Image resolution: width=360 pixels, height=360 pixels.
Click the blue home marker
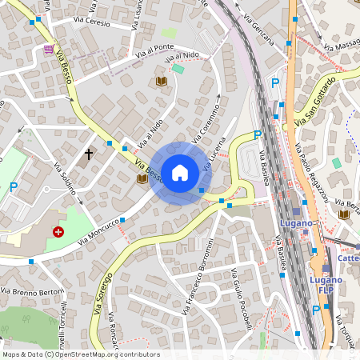[x=180, y=173]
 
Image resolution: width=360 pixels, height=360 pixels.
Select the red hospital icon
[x=58, y=232]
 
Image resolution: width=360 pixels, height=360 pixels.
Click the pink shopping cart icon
[x=50, y=49]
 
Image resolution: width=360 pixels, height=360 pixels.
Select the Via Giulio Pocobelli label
[x=241, y=305]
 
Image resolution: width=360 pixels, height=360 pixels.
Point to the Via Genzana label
[x=258, y=30]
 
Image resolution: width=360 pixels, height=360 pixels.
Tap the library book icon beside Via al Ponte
[x=162, y=82]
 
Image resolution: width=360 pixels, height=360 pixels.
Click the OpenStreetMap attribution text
[x=80, y=354]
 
